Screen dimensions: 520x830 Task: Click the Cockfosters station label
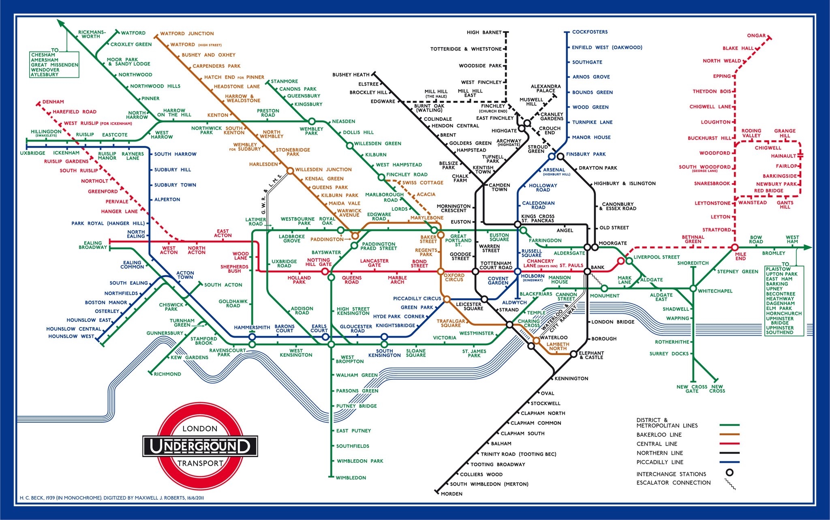pyautogui.click(x=590, y=32)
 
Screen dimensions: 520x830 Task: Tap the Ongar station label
pyautogui.click(x=756, y=36)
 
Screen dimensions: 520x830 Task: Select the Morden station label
pyautogui.click(x=451, y=494)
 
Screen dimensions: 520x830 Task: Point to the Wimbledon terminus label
pyautogui.click(x=351, y=478)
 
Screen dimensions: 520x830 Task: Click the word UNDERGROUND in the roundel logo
pyautogui.click(x=200, y=446)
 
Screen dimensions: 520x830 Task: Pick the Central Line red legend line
pyautogui.click(x=729, y=444)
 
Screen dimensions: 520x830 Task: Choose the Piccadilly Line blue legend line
pyautogui.click(x=729, y=462)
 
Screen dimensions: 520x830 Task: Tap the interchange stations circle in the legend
pyautogui.click(x=729, y=473)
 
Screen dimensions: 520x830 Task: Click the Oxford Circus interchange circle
pyautogui.click(x=441, y=271)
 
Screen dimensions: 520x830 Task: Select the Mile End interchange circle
pyautogui.click(x=734, y=247)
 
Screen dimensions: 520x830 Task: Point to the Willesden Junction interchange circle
pyautogui.click(x=290, y=171)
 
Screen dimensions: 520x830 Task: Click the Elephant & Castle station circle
pyautogui.click(x=573, y=354)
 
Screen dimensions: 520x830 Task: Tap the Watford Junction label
pyautogui.click(x=187, y=34)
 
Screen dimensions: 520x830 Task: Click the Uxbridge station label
pyautogui.click(x=33, y=153)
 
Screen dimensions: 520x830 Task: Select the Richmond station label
pyautogui.click(x=167, y=374)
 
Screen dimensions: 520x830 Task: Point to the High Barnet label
pyautogui.click(x=484, y=32)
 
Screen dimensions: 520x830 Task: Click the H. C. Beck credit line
pyautogui.click(x=111, y=498)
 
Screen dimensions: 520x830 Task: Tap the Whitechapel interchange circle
pyautogui.click(x=693, y=289)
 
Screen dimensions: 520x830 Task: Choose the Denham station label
pyautogui.click(x=53, y=102)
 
